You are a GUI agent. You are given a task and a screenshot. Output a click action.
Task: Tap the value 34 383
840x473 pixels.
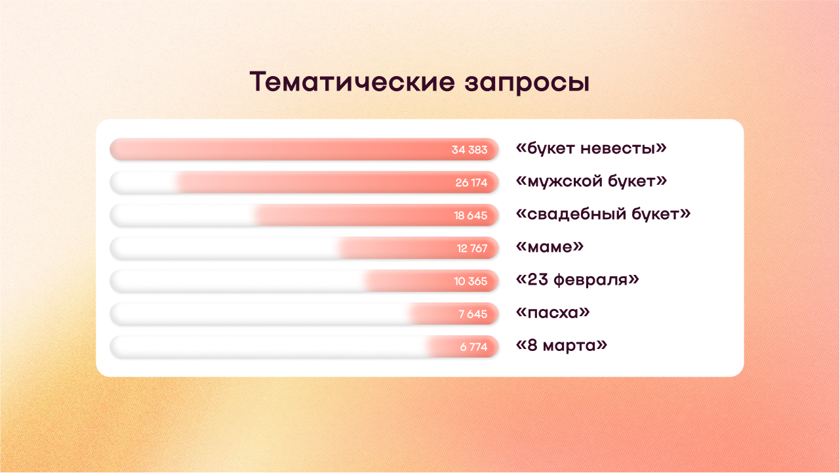click(470, 150)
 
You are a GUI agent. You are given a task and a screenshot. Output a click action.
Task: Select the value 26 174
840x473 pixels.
click(471, 182)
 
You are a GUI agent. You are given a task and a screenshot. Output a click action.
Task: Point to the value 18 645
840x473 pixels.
click(471, 216)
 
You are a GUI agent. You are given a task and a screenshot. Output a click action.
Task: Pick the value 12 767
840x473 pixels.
click(472, 249)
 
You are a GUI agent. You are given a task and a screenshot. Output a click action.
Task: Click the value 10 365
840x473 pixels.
click(471, 281)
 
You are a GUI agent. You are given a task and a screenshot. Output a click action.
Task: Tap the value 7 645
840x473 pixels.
click(473, 314)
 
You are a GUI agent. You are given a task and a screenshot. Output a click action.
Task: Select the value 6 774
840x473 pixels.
click(473, 347)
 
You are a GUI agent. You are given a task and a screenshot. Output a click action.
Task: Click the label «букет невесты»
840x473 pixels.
click(591, 148)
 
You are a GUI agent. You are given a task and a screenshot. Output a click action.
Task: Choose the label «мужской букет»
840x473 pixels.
click(591, 182)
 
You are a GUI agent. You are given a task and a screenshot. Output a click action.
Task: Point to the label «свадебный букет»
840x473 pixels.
click(603, 214)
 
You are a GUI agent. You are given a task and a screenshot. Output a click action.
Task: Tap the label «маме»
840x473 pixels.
click(550, 247)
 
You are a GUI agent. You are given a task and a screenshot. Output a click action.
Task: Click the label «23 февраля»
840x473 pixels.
click(578, 280)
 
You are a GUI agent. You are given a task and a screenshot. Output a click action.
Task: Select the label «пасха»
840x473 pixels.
click(553, 313)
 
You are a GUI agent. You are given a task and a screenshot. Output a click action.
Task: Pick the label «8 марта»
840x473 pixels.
click(561, 345)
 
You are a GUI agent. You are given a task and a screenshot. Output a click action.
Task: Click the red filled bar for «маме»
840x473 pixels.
click(417, 248)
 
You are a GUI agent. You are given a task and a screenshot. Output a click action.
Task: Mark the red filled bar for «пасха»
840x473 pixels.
click(453, 314)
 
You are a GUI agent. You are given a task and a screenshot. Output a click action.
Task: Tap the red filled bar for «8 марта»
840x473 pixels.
click(462, 346)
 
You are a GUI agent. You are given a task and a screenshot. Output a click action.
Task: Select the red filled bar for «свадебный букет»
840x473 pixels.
click(376, 215)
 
